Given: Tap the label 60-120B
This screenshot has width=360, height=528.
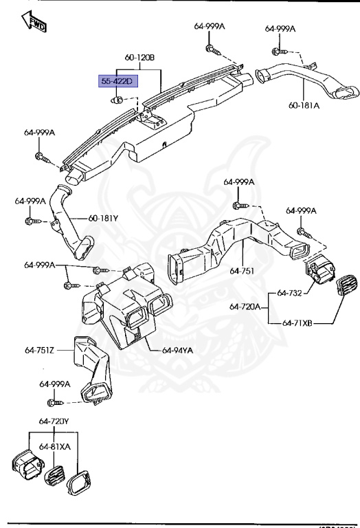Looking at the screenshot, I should coord(139,57).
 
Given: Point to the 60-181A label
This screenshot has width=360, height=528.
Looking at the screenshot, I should coord(304,107).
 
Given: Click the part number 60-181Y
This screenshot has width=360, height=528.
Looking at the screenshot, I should coord(103,219).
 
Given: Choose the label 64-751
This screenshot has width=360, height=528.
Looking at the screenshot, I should coord(243,270).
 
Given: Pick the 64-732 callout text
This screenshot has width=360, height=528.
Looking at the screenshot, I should coord(290,293).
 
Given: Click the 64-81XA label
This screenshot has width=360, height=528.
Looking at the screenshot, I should coord(55,446).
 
